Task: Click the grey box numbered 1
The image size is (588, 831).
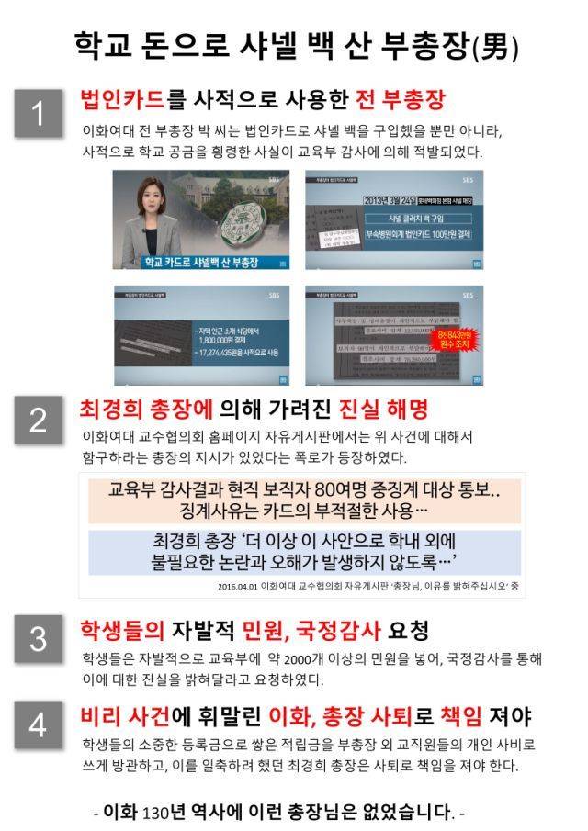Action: pyautogui.click(x=38, y=114)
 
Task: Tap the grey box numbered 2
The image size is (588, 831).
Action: pyautogui.click(x=38, y=419)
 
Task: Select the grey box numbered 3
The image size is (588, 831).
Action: pyautogui.click(x=38, y=639)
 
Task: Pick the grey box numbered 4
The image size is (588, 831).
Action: pyautogui.click(x=38, y=725)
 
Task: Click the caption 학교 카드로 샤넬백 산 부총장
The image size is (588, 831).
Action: pyautogui.click(x=200, y=264)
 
